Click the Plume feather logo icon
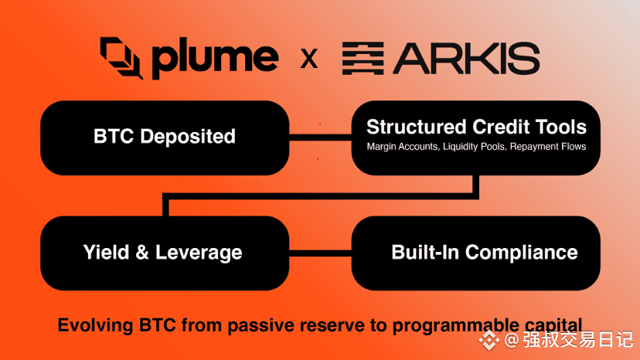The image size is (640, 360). [x=121, y=57]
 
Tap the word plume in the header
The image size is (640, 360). [x=216, y=59]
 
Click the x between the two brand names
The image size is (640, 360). [x=309, y=59]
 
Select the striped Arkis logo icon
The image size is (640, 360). [x=363, y=59]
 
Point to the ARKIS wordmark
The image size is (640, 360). [x=466, y=59]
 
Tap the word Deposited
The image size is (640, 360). [x=188, y=137]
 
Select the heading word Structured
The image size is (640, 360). [x=417, y=127]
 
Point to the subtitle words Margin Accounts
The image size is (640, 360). [x=403, y=147]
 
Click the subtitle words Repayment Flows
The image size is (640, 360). [x=548, y=147]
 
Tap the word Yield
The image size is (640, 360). [x=106, y=253]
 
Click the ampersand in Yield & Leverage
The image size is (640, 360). [x=142, y=253]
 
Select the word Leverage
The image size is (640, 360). [x=199, y=253]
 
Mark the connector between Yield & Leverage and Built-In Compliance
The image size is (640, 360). [x=321, y=253]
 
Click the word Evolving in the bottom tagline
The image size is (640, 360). [x=96, y=326]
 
